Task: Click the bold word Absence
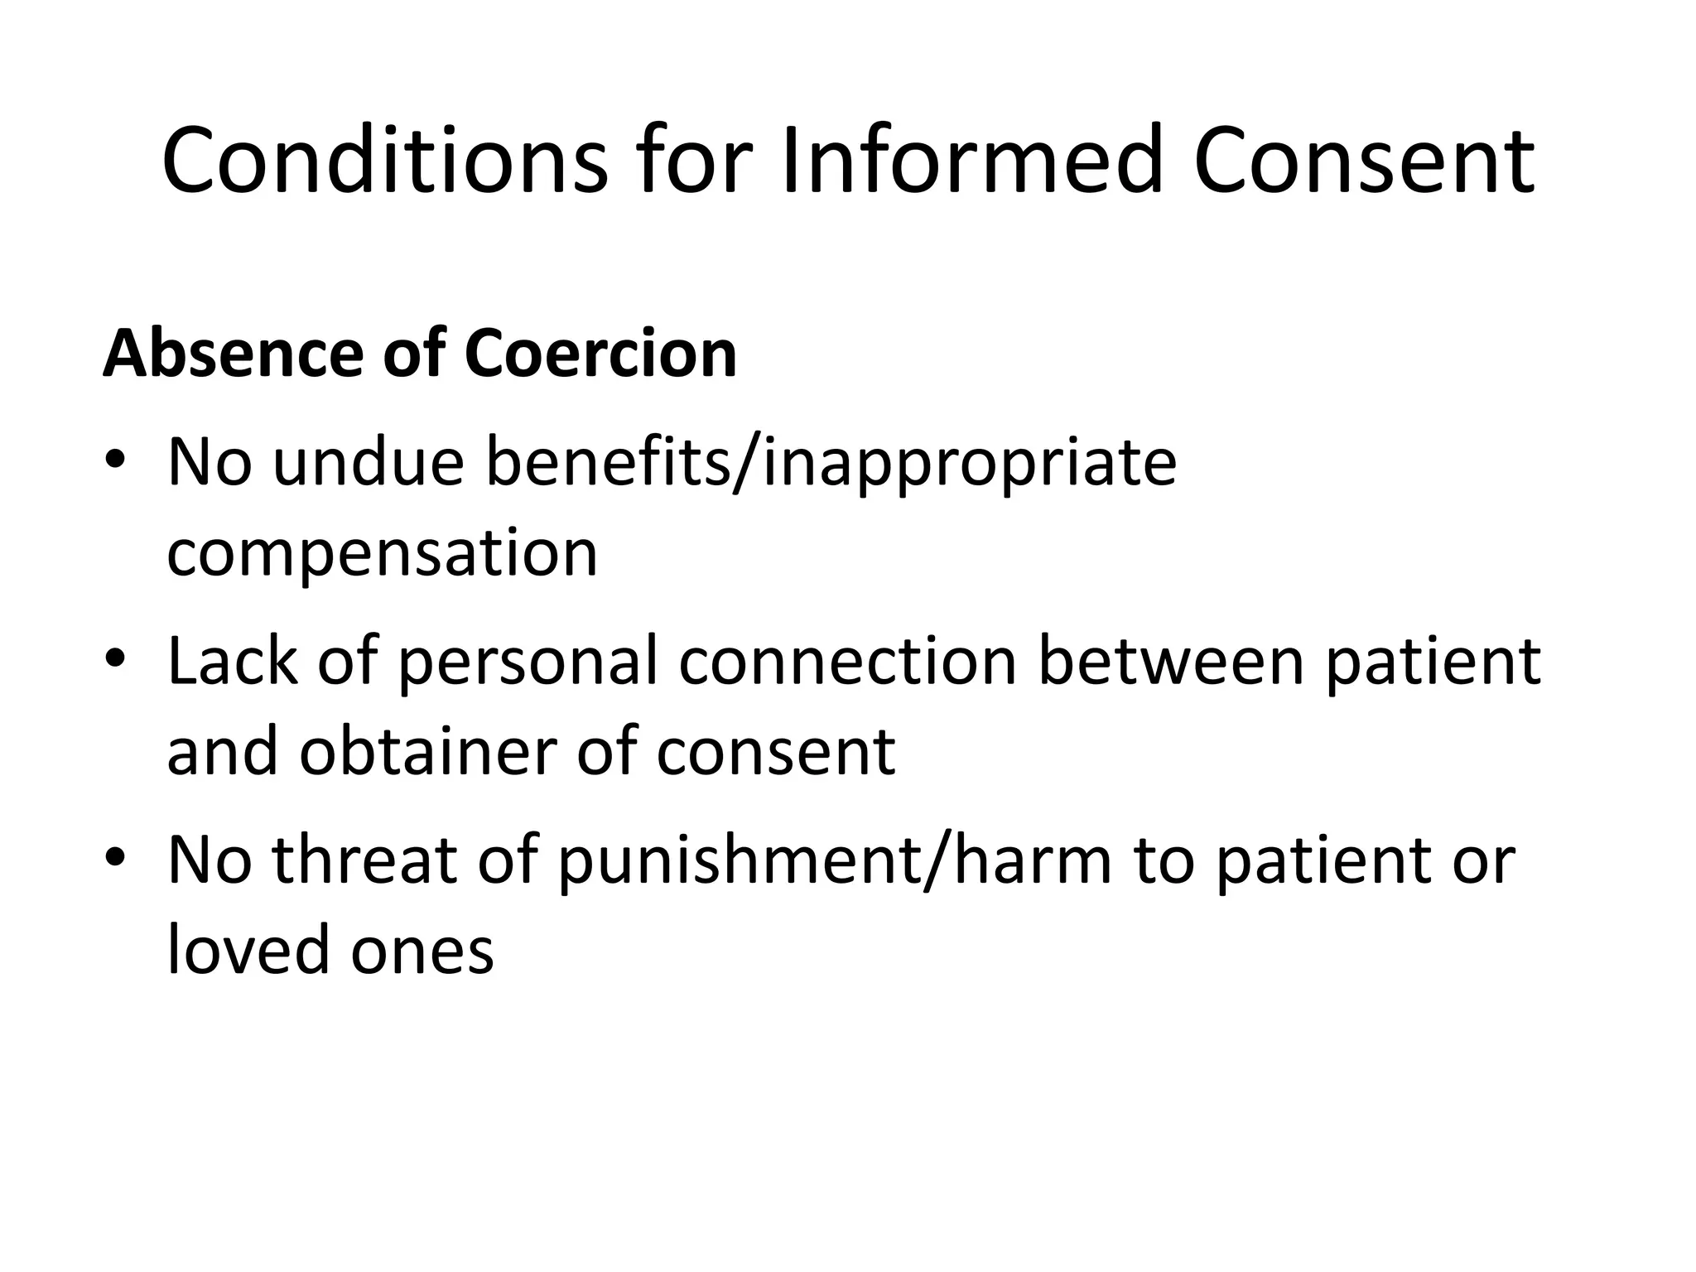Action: click(233, 354)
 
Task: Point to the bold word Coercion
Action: click(600, 354)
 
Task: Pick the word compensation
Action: click(382, 552)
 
